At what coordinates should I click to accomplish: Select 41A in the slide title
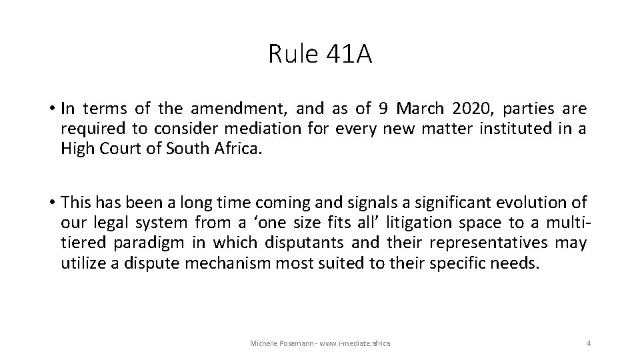[x=349, y=54]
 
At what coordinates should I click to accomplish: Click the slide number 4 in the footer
[x=589, y=343]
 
